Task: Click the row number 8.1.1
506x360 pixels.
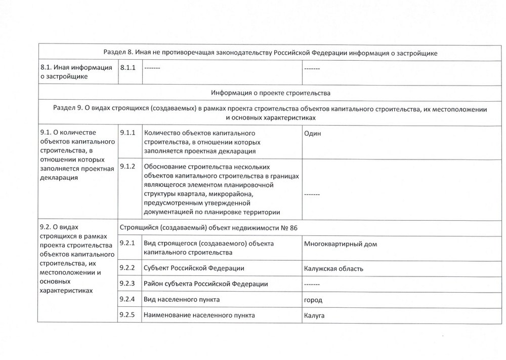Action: [128, 67]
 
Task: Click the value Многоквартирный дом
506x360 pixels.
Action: [341, 244]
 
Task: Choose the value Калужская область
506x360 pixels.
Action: [333, 269]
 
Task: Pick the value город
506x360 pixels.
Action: [313, 300]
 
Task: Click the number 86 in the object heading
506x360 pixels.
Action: [293, 228]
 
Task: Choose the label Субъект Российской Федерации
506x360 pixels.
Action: [194, 268]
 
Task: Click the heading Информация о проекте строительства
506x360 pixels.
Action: [271, 93]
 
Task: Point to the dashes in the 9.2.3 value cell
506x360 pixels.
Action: [312, 284]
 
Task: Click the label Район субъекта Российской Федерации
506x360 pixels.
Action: [206, 284]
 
